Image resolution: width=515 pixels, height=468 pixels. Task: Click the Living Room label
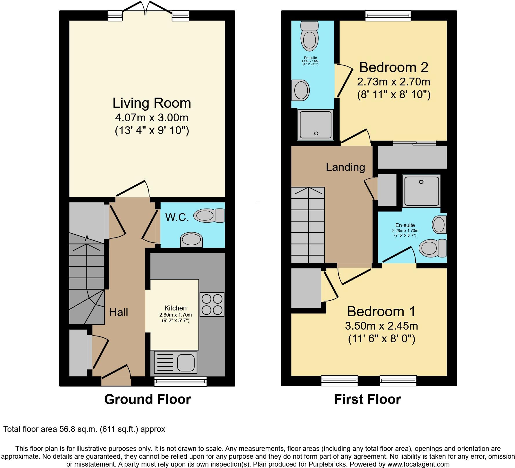pos(152,103)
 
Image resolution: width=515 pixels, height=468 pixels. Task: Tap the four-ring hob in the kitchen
pos(212,304)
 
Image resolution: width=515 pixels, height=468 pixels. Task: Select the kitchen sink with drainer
pos(175,362)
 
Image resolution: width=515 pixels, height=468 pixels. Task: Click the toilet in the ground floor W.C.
pos(209,216)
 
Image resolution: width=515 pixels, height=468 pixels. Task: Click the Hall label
pos(119,312)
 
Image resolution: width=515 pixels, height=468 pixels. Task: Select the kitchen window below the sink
pos(180,382)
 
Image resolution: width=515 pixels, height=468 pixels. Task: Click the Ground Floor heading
pos(147,399)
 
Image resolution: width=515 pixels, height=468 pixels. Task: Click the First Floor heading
pos(367,399)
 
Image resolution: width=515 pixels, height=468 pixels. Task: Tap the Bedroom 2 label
pos(393,67)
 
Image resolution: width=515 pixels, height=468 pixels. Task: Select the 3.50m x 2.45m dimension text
pos(381,326)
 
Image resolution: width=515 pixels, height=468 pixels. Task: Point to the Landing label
pos(345,167)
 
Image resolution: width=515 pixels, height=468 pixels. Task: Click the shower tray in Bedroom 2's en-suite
pos(316,125)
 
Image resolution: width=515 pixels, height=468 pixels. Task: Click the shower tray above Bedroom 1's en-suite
pos(421,191)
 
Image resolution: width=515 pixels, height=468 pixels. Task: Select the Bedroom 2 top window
pos(388,16)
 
